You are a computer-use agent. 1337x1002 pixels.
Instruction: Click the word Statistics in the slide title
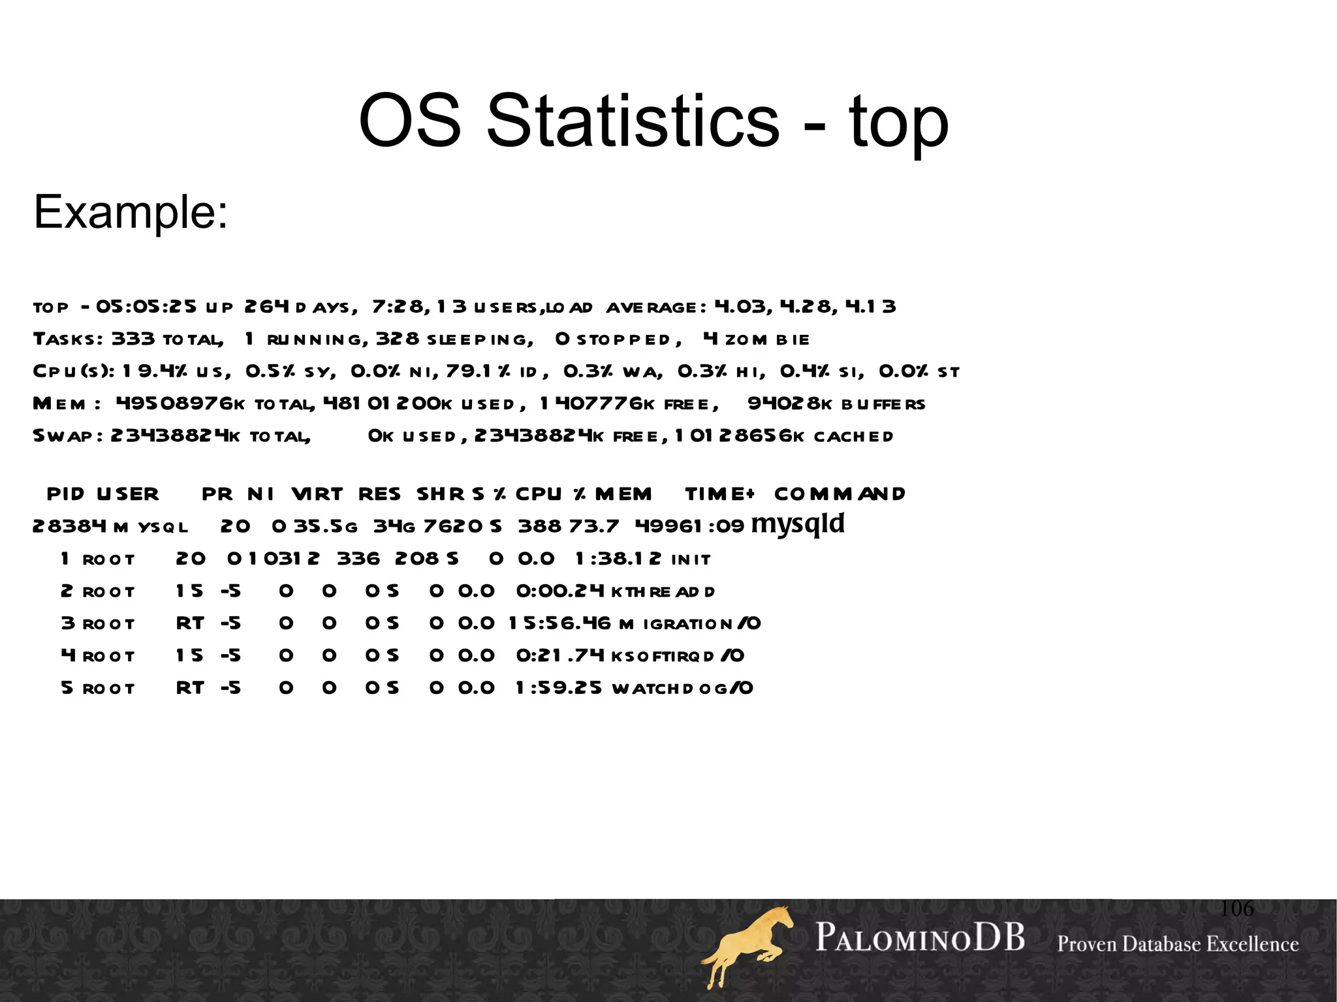(x=633, y=121)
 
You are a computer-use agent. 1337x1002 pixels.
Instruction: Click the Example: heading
(x=131, y=212)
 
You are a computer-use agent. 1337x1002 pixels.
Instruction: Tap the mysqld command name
(x=798, y=524)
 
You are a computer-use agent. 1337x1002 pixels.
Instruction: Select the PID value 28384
(x=69, y=526)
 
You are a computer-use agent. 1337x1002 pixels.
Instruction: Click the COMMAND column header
(x=840, y=494)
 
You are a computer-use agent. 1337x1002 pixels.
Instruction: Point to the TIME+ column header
(x=720, y=494)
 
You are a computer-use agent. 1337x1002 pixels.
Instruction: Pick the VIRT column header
(x=317, y=494)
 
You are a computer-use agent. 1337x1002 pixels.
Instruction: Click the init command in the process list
(x=691, y=559)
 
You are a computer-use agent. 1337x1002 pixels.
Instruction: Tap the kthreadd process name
(x=663, y=592)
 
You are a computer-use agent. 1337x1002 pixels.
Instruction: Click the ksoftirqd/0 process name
(x=678, y=656)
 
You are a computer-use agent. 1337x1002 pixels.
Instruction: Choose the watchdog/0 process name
(x=682, y=689)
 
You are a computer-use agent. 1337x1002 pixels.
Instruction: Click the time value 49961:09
(x=689, y=526)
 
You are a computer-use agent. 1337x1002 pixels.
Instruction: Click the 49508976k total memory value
(x=180, y=404)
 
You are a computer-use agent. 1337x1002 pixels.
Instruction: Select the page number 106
(x=1236, y=908)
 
